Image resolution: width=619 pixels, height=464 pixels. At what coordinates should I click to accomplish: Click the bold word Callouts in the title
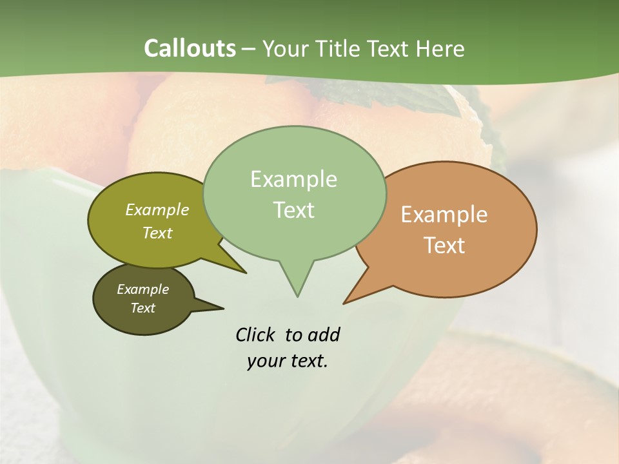(x=190, y=48)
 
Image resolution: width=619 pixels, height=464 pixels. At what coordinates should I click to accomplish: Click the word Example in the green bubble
(x=293, y=179)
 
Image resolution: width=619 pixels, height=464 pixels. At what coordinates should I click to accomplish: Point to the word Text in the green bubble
(x=293, y=210)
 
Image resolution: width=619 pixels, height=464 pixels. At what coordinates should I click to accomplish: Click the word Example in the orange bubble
(x=444, y=215)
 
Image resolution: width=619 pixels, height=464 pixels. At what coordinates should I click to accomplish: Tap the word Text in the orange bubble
(x=444, y=246)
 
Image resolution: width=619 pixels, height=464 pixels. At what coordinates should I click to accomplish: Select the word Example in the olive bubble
(x=157, y=209)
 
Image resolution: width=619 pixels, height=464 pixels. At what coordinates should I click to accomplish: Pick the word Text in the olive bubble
(x=157, y=233)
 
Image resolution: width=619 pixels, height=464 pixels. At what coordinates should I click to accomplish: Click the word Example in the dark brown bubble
(x=143, y=289)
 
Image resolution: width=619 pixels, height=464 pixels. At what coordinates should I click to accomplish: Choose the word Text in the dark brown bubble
(x=143, y=308)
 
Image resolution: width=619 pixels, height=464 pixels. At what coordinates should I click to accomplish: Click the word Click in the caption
(x=256, y=334)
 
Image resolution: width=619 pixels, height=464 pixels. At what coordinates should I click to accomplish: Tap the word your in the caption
(x=265, y=361)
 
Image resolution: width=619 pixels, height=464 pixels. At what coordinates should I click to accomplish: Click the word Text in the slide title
(x=389, y=49)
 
